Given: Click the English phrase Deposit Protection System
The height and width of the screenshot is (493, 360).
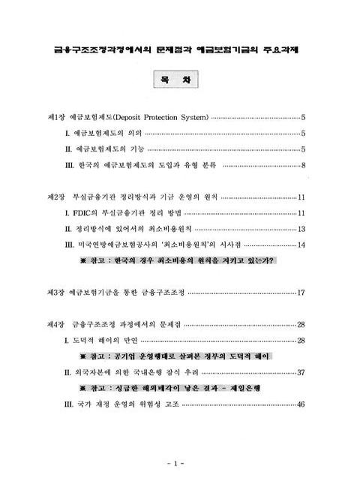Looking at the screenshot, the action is point(160,117).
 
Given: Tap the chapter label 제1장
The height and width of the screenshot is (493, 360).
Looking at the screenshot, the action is point(56,117).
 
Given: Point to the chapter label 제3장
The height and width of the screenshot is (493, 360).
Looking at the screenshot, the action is point(56,292).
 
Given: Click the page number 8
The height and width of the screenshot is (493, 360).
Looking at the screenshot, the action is point(302,165).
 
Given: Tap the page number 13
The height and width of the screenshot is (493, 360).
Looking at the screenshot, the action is point(301,229).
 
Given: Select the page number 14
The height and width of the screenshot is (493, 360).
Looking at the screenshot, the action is point(301,245).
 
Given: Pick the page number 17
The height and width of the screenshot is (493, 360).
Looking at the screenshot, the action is point(301,292).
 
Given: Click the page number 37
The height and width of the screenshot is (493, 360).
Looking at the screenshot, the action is point(301,372).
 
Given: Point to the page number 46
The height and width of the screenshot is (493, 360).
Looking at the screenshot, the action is point(301,404).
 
